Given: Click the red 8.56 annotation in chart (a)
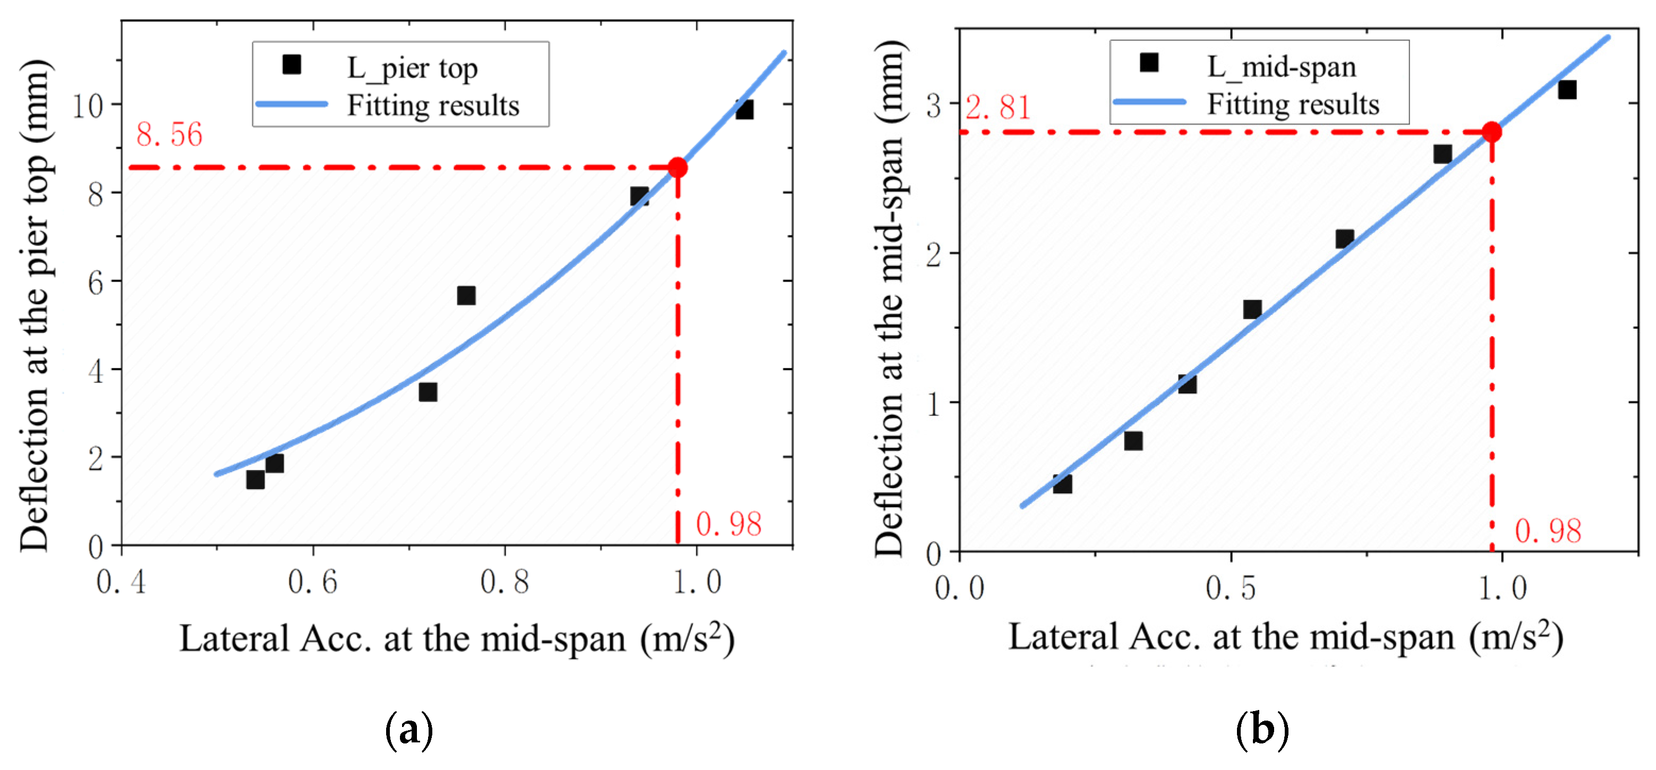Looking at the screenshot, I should (169, 135).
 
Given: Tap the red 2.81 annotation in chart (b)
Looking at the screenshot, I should (998, 107).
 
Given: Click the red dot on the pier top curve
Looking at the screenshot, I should (677, 168).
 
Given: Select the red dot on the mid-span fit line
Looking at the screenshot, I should (1491, 132).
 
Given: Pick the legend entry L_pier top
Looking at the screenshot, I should (412, 67).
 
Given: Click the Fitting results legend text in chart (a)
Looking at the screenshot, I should (433, 105).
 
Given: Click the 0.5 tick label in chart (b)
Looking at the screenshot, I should (1230, 587).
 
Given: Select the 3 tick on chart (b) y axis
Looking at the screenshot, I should (934, 105).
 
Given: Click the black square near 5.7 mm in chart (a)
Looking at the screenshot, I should (466, 296).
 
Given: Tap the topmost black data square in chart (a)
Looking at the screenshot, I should (745, 110).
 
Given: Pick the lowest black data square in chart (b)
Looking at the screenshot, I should (1062, 484).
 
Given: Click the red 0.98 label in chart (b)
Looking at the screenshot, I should (1547, 532).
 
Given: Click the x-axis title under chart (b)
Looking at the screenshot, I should (1285, 638).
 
